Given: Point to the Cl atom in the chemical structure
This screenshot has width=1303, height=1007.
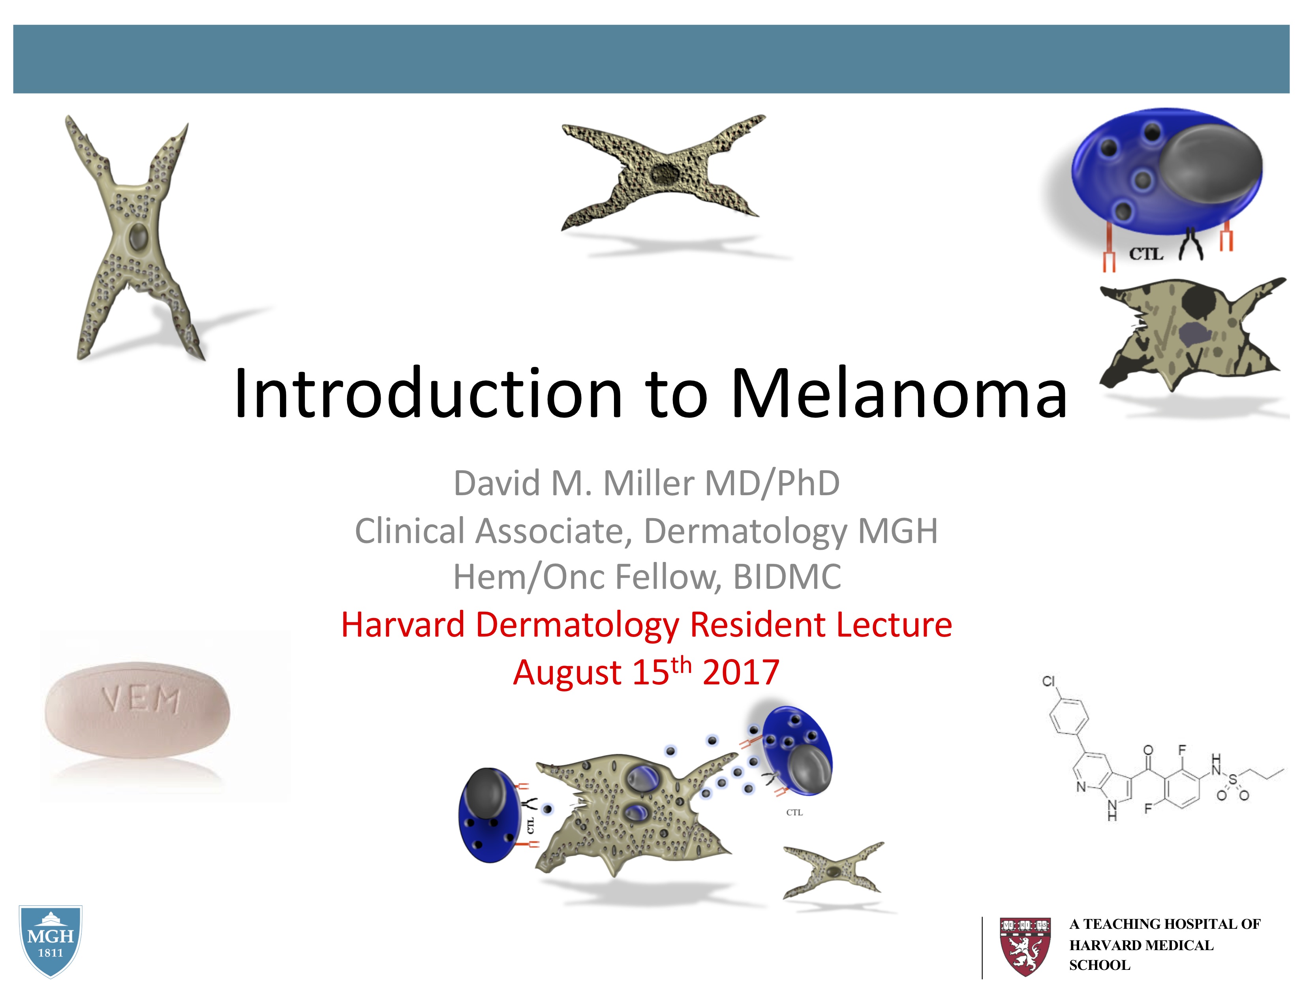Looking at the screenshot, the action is (x=1048, y=681).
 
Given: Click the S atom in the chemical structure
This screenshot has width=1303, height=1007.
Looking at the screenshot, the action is (x=1233, y=779).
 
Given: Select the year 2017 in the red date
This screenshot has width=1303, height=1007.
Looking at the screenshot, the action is (x=741, y=673).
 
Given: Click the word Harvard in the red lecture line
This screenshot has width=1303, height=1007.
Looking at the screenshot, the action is (x=403, y=625).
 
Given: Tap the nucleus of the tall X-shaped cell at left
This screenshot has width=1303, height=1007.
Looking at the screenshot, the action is (x=139, y=237).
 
